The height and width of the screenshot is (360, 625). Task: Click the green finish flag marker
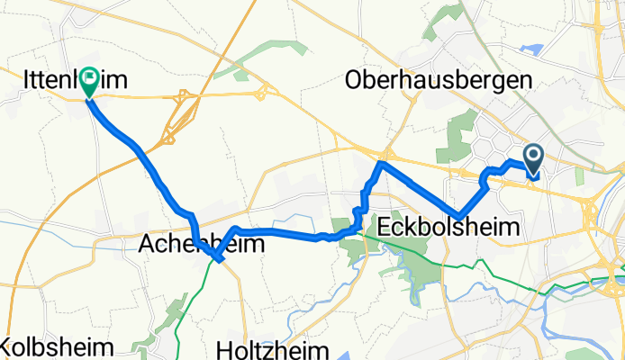(90, 82)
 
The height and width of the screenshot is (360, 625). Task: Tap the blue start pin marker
(533, 160)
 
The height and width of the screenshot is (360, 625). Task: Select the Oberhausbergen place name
(438, 81)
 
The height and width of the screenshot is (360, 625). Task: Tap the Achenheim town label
(189, 244)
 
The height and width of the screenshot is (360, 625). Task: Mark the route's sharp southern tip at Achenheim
(218, 261)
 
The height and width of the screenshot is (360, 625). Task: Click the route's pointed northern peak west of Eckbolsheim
(382, 164)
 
